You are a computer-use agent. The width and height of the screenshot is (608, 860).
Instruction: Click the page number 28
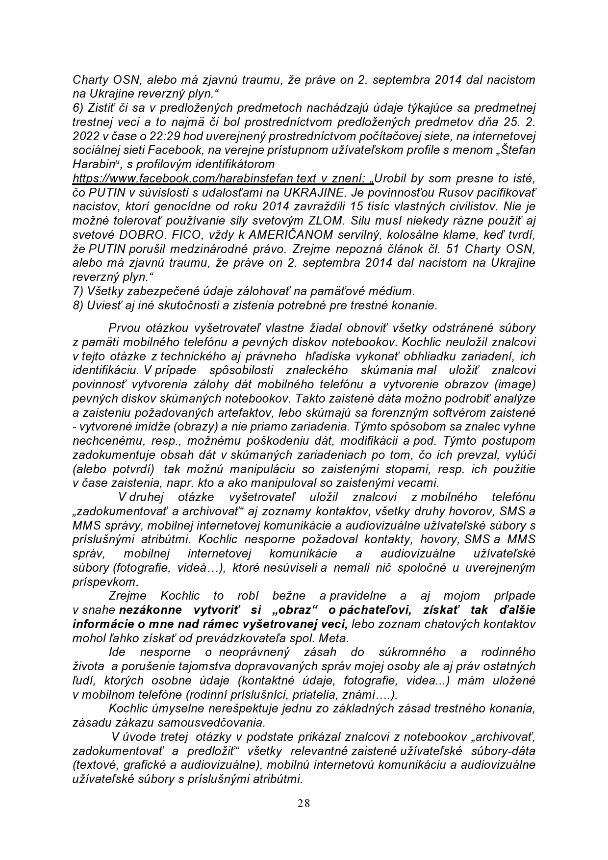[x=304, y=803]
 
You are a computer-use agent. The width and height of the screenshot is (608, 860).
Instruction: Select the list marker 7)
[x=78, y=291]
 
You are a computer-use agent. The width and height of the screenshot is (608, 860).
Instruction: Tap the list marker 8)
[x=78, y=305]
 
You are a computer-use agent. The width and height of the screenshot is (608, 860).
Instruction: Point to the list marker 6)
[x=78, y=107]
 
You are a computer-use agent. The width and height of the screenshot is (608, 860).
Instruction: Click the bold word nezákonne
[x=151, y=610]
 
